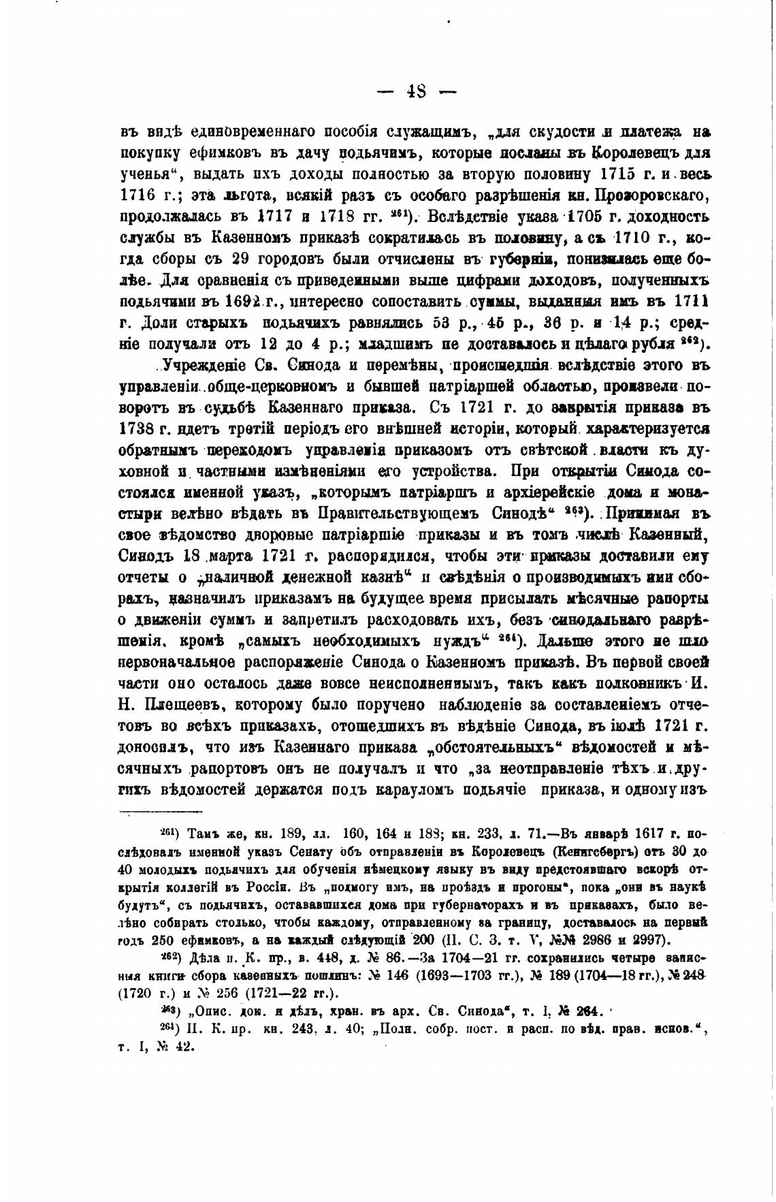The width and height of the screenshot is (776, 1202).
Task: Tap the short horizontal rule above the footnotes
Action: [161, 810]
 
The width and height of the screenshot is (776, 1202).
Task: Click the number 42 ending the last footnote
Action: [182, 1048]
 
